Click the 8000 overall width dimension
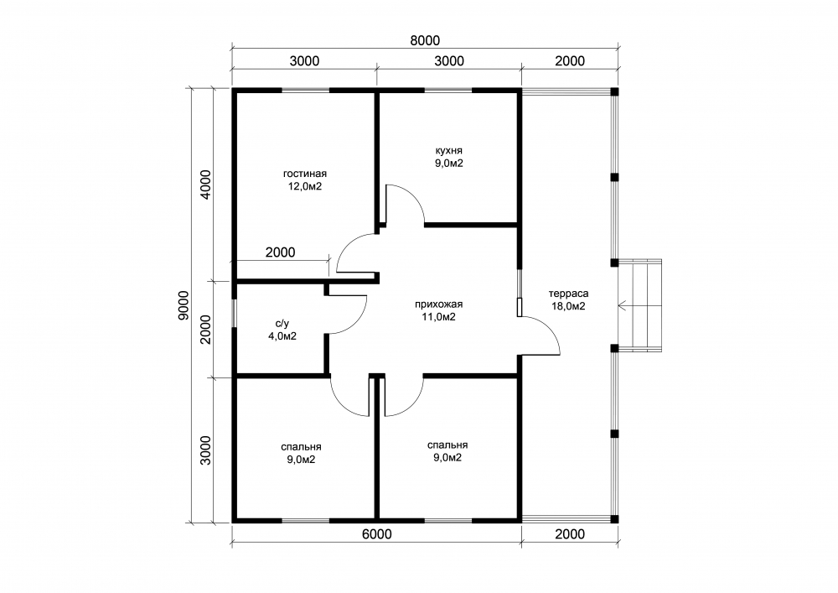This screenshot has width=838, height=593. (425, 40)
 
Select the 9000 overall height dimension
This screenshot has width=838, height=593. (184, 305)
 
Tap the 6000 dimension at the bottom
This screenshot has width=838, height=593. (377, 534)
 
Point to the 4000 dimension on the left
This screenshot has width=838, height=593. (206, 185)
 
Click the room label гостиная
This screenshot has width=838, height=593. (305, 174)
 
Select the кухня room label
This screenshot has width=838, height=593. (448, 151)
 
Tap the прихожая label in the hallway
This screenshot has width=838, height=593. (439, 304)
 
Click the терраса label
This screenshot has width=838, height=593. (568, 294)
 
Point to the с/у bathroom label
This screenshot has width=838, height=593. (282, 324)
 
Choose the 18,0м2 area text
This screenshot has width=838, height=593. (568, 306)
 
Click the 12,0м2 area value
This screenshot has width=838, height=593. (305, 186)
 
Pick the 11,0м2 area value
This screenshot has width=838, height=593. (439, 317)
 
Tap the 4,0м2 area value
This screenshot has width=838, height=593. (282, 336)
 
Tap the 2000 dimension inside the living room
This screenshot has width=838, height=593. (280, 252)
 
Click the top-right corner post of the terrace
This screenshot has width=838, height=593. (614, 91)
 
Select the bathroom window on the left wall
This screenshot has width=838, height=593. (234, 312)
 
